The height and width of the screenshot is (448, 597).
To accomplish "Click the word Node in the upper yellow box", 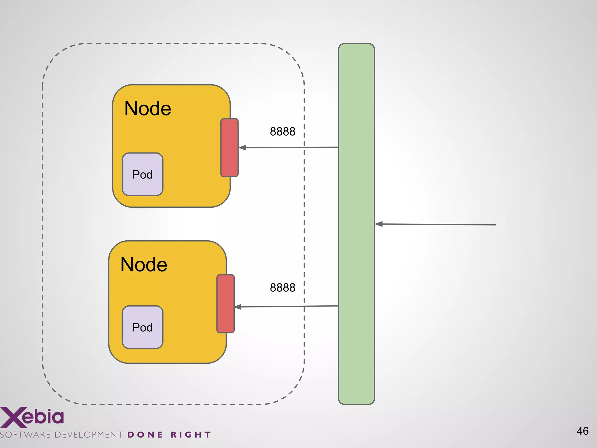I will pyautogui.click(x=148, y=109).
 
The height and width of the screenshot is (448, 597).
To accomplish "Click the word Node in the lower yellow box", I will pyautogui.click(x=144, y=265).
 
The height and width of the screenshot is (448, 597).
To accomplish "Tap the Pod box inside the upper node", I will pyautogui.click(x=142, y=174).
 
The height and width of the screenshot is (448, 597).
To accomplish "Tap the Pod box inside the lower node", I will pyautogui.click(x=142, y=327).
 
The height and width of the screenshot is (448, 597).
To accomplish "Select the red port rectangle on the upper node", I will pyautogui.click(x=229, y=148).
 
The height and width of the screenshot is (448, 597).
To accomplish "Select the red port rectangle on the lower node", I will pyautogui.click(x=225, y=304).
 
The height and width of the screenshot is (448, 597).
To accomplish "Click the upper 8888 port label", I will pyautogui.click(x=282, y=132).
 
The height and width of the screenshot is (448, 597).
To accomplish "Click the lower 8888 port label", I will pyautogui.click(x=282, y=288).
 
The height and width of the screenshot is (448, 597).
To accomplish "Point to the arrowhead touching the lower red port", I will pyautogui.click(x=238, y=307).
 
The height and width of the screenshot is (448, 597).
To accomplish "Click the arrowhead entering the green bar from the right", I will pyautogui.click(x=379, y=224).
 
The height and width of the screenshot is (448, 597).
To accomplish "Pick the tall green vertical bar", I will pyautogui.click(x=356, y=224).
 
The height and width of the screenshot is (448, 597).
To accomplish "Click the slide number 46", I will pyautogui.click(x=582, y=431).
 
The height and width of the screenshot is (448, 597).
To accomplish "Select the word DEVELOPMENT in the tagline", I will pyautogui.click(x=89, y=435).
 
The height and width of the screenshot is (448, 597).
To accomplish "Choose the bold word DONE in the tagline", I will pyautogui.click(x=145, y=435).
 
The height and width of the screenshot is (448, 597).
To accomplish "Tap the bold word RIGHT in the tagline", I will pyautogui.click(x=191, y=435).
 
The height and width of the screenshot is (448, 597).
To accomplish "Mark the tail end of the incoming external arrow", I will pyautogui.click(x=495, y=225).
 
